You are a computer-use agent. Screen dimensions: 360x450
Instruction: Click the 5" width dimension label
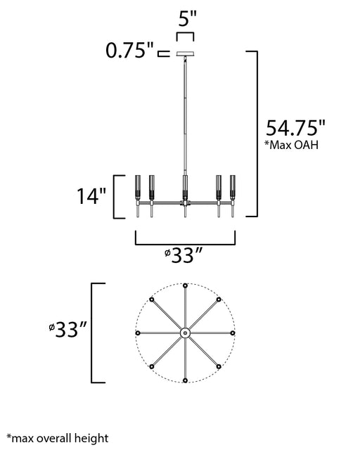[187, 19]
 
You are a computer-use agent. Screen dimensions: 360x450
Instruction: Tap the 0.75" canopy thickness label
[130, 51]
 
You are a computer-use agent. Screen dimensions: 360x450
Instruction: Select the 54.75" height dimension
[295, 128]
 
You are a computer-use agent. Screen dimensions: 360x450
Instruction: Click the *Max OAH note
[291, 145]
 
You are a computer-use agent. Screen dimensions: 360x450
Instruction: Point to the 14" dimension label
[91, 196]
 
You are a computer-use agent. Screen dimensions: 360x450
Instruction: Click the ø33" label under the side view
[184, 255]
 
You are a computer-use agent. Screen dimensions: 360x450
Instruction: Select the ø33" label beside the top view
[67, 330]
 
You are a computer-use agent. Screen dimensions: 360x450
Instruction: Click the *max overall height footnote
[58, 438]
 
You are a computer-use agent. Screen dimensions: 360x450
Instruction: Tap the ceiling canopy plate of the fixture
[185, 53]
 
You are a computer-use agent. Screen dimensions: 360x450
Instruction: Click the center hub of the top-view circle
[185, 333]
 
